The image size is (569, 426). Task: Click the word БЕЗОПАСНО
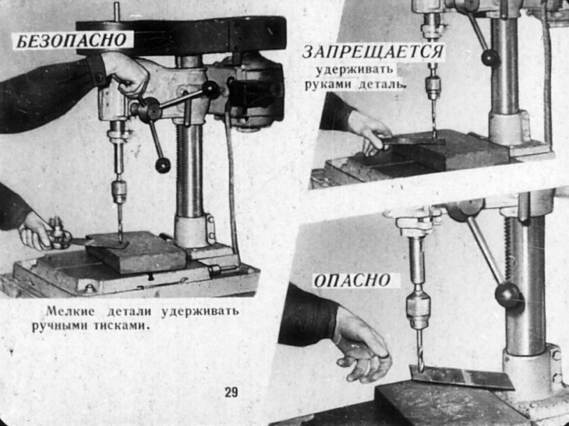coord(72,40)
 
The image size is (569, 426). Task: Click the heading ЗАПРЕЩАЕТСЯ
coord(373,52)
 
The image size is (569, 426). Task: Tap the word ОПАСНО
coord(352,281)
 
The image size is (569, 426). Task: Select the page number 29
coord(231,393)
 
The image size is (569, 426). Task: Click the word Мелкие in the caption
coord(70,311)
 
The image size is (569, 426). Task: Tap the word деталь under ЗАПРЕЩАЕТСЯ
coord(381,84)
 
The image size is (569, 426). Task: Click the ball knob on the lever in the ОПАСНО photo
coord(509,294)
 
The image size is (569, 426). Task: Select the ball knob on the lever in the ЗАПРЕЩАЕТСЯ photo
coord(490,58)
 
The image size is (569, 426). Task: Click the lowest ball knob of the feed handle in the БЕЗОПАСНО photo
coord(163,165)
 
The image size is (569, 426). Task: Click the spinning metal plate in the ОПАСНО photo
coord(461,377)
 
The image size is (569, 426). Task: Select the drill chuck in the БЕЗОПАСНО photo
coord(119,192)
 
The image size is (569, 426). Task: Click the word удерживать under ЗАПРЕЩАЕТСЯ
coord(354,69)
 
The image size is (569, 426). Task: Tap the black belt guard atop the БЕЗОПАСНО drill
coord(182,37)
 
